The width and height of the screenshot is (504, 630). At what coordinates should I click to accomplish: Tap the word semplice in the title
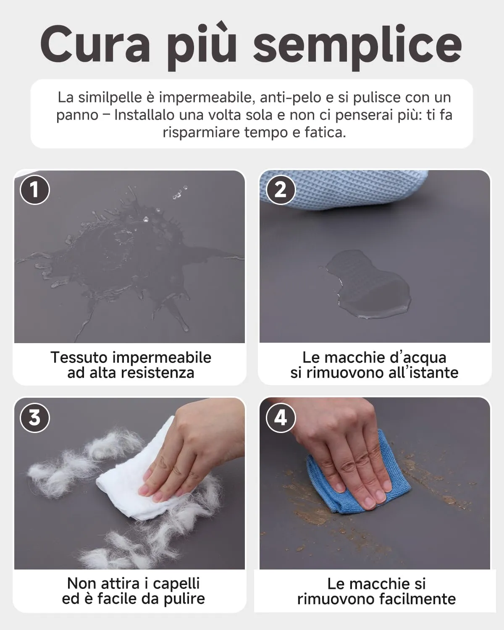(x=357, y=48)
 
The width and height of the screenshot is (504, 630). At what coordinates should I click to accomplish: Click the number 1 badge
(x=35, y=190)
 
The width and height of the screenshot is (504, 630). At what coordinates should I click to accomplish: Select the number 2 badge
(x=281, y=190)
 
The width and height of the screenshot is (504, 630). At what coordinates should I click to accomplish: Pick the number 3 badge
(x=35, y=418)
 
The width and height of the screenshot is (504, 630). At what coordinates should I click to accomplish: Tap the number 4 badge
(x=281, y=418)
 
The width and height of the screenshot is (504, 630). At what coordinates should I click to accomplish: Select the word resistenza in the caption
(x=157, y=373)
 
